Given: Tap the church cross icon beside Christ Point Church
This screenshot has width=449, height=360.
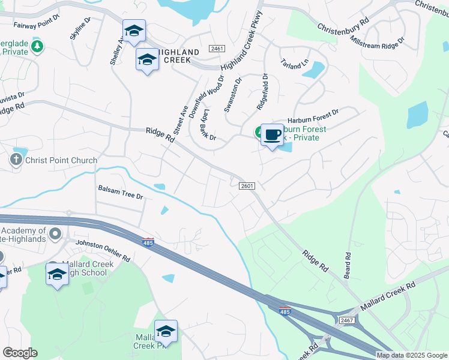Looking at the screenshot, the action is (16, 160).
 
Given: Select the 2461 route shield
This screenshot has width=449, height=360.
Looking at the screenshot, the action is (217, 48).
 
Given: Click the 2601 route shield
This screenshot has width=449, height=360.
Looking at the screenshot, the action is (247, 186).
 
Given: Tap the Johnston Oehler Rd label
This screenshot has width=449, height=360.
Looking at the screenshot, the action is (103, 250).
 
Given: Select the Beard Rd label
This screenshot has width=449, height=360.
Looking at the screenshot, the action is (348, 264).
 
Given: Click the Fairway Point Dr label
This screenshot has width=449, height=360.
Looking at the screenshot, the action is (35, 25).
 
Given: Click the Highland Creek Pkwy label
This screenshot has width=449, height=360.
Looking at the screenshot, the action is (243, 41).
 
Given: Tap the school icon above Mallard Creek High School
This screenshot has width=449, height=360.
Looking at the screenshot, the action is (57, 274).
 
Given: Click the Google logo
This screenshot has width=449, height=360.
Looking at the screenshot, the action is (20, 353).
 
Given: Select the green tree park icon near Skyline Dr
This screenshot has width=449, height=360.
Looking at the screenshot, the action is (38, 46).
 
